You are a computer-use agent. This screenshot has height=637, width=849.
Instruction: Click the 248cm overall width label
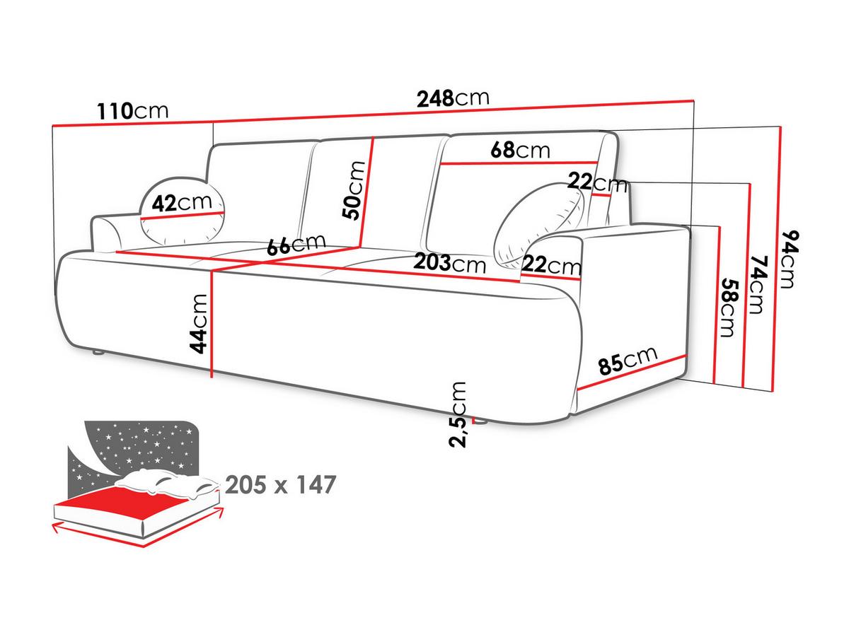click(x=453, y=98)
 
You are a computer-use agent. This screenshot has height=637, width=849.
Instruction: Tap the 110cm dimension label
click(x=133, y=111)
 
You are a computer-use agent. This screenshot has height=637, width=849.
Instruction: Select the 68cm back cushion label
click(x=520, y=150)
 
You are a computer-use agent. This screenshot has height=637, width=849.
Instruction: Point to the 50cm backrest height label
click(x=354, y=190)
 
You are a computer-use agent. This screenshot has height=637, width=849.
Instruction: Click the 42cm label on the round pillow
click(x=182, y=202)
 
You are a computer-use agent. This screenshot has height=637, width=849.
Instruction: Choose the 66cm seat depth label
click(x=296, y=244)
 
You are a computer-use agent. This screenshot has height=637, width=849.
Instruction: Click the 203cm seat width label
click(x=449, y=264)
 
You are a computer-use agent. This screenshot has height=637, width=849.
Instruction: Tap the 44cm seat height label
click(x=198, y=324)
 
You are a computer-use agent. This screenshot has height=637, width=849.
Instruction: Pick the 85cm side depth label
click(x=628, y=361)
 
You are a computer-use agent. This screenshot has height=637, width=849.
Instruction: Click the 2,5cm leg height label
click(x=458, y=414)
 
